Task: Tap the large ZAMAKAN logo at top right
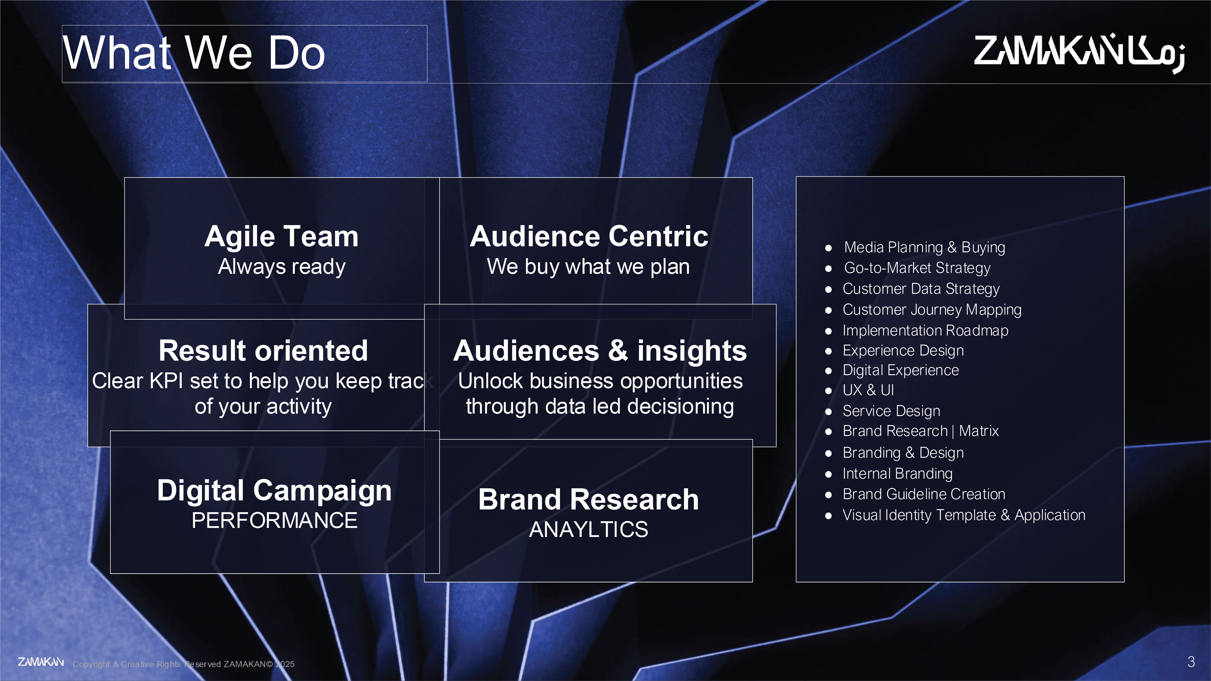[x=1079, y=53]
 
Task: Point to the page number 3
[x=1191, y=662]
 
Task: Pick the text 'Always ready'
[x=281, y=267]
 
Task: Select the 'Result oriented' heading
[x=263, y=351]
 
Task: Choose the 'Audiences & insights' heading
[x=600, y=351]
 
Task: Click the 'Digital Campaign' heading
[x=275, y=491]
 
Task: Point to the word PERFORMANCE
[x=275, y=520]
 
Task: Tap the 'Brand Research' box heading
[x=589, y=499]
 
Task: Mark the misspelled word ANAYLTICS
[x=589, y=529]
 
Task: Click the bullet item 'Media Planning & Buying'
[x=924, y=247]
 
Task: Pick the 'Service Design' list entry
[x=891, y=411]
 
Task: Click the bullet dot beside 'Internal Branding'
[x=828, y=474]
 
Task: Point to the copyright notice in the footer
[x=183, y=664]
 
